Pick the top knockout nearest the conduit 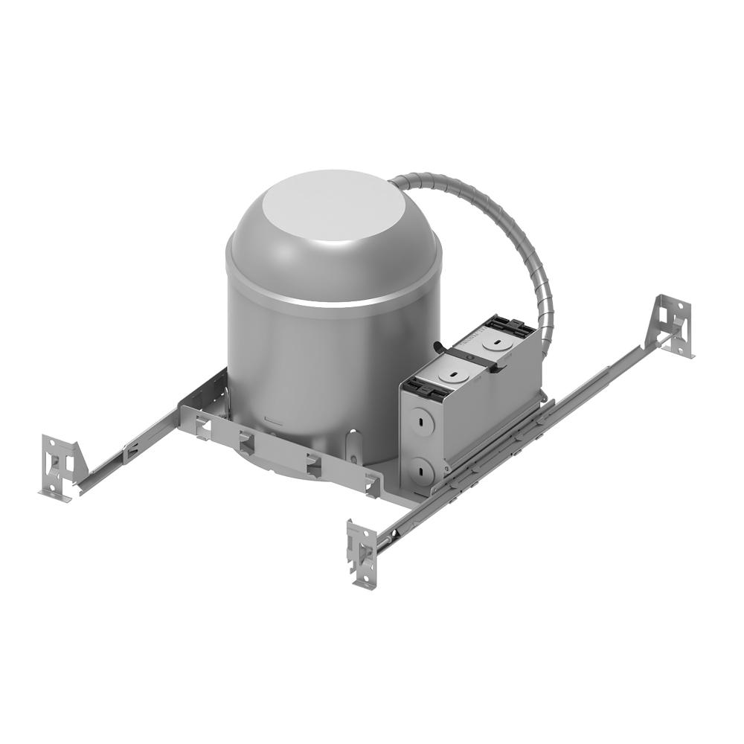tap(492, 344)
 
